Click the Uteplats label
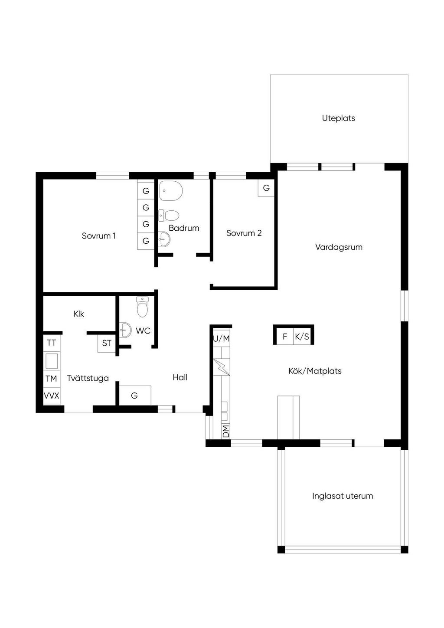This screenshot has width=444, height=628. click(338, 118)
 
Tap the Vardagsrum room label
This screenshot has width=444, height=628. click(339, 247)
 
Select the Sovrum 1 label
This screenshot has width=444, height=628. click(99, 236)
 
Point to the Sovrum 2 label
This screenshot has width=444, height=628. click(244, 233)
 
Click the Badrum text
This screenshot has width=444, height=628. click(184, 228)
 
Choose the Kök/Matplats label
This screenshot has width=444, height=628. click(315, 371)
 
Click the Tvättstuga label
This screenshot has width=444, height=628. click(88, 378)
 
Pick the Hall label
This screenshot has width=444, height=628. click(180, 377)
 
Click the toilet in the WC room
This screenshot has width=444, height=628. click(142, 307)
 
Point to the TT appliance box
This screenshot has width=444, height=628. click(52, 343)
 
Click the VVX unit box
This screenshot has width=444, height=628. click(52, 396)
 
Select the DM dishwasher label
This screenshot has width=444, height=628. click(226, 431)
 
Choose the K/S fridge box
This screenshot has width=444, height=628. click(302, 336)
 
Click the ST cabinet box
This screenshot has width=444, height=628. click(107, 343)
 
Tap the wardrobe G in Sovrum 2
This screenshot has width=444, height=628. click(266, 188)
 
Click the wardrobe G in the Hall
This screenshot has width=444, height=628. click(135, 395)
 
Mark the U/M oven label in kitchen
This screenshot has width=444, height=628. click(222, 339)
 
